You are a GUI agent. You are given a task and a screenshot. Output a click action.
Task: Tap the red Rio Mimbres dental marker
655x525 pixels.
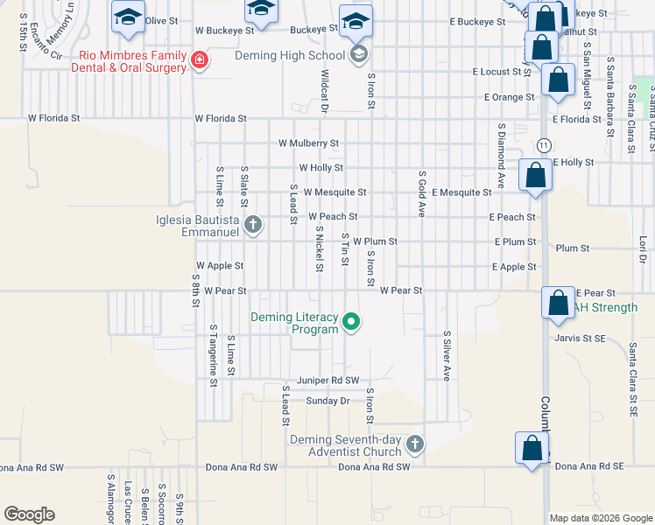pyautogui.click(x=201, y=60)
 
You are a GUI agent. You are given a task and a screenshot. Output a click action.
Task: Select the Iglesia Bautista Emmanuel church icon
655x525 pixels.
pyautogui.click(x=253, y=226)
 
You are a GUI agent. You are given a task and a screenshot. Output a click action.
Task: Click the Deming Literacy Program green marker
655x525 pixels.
pyautogui.click(x=351, y=323)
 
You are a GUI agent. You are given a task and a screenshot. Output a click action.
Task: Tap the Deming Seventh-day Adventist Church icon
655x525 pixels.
pyautogui.click(x=414, y=445)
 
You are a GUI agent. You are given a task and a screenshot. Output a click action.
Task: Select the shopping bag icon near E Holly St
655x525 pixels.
pyautogui.click(x=535, y=175)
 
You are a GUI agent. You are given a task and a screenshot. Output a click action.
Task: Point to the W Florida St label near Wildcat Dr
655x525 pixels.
pyautogui.click(x=221, y=118)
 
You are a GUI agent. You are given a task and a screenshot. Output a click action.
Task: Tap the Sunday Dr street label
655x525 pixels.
pyautogui.click(x=327, y=401)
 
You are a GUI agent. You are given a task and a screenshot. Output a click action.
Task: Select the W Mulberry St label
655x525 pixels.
pyautogui.click(x=308, y=143)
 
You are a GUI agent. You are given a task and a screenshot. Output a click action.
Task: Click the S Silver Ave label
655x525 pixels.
pyautogui.click(x=447, y=355)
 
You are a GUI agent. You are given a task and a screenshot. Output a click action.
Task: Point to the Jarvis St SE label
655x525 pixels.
pyautogui.click(x=581, y=337)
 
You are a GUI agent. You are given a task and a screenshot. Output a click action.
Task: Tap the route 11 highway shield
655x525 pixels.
pyautogui.click(x=545, y=144)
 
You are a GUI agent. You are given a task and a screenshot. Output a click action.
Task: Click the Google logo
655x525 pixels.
pyautogui.click(x=30, y=514)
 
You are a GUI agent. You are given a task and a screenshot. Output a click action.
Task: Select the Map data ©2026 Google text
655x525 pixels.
pyautogui.click(x=600, y=518)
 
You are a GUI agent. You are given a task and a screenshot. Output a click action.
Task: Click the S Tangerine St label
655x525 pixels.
pyautogui.click(x=213, y=351)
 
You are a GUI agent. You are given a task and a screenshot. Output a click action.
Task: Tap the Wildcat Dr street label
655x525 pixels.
pyautogui.click(x=324, y=91)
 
